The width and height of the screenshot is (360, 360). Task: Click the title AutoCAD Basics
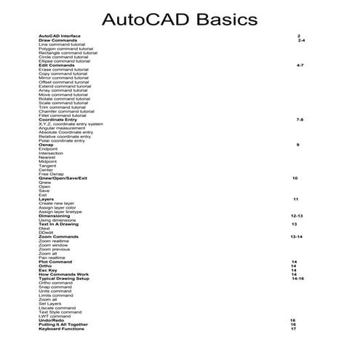point(180,17)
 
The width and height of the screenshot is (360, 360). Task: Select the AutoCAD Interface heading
point(60,36)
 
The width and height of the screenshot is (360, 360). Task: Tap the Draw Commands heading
point(57,40)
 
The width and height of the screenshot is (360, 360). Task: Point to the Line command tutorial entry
point(62,44)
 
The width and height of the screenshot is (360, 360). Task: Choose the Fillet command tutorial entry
point(62,115)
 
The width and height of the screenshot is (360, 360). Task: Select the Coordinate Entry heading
point(57,119)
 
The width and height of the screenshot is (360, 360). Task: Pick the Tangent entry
point(47,165)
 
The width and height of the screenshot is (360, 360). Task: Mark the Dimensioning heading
point(55,216)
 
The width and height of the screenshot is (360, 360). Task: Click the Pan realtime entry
point(52,257)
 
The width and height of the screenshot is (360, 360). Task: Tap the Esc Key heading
point(48,270)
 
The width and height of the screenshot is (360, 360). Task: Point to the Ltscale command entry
point(57,308)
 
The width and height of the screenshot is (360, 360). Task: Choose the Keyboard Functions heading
point(61,329)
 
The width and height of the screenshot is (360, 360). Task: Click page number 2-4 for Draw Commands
point(301,40)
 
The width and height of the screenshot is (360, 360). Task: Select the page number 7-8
point(300,119)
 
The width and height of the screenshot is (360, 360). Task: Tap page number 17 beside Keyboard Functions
point(293,329)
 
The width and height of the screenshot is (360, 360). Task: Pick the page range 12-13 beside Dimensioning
point(296,216)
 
